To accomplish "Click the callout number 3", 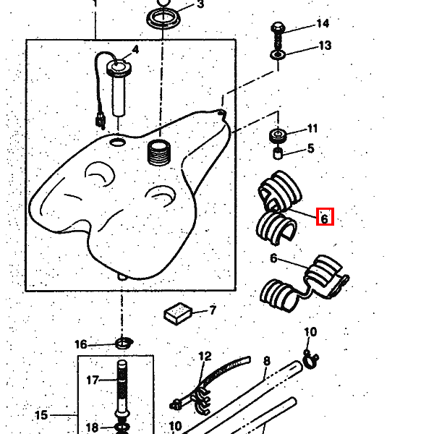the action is coord(200,4).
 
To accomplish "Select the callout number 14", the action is coord(323,23).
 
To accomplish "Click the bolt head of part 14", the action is coord(278,27).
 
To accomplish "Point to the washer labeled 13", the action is coord(278,55).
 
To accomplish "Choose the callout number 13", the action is coord(325,46).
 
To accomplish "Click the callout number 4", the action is coord(135,50).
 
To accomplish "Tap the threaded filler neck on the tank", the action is coord(158,153).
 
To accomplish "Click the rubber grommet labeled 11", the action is coord(278,136).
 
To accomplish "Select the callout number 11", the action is coord(312,129).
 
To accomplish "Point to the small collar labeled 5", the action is coord(278,153).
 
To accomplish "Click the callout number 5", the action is coord(311,148).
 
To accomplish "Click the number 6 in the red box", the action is coord(324,218).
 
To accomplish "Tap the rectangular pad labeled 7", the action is coord(178,314).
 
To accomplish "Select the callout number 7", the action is coord(213,310).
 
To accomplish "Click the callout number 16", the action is coord(81,344).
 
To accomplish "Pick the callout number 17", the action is coord(93,380).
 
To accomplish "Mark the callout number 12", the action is coord(205,356).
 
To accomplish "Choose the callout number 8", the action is coord(266,361).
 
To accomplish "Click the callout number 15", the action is coord(41,415).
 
